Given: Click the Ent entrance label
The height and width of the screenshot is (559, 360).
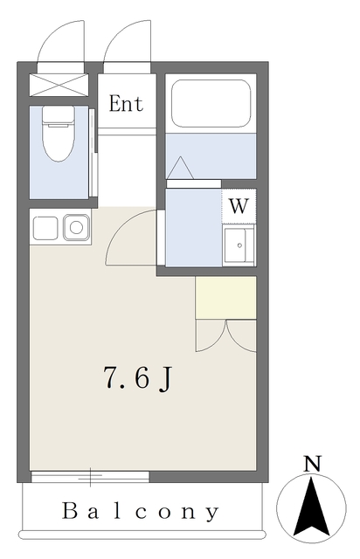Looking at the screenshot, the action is click(126, 104).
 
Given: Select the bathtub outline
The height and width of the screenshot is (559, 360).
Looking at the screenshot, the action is click(211, 103).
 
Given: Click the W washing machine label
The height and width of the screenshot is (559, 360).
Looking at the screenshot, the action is click(239, 206).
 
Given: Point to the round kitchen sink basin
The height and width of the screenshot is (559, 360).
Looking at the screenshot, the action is click(76, 227).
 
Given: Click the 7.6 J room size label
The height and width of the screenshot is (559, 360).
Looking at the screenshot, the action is click(138, 377).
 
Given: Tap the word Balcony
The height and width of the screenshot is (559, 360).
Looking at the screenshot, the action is click(140, 512).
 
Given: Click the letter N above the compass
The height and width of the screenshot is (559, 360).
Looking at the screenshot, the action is click(312, 464).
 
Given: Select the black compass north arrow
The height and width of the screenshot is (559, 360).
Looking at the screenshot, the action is click(311, 507).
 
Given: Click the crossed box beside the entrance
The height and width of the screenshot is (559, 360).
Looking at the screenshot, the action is click(59, 85).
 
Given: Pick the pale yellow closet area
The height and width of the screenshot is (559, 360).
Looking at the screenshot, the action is click(225, 298).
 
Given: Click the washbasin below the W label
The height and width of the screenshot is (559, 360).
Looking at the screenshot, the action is click(239, 245).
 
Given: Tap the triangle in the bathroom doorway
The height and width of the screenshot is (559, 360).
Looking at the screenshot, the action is click(180, 168).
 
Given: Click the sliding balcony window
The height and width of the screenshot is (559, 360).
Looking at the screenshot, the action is click(90, 476).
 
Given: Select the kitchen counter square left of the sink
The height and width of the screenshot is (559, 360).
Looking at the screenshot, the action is click(45, 228).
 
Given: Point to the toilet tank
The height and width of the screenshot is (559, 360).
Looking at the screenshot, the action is click(59, 114).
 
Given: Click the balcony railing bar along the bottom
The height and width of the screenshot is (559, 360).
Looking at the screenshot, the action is click(142, 535).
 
